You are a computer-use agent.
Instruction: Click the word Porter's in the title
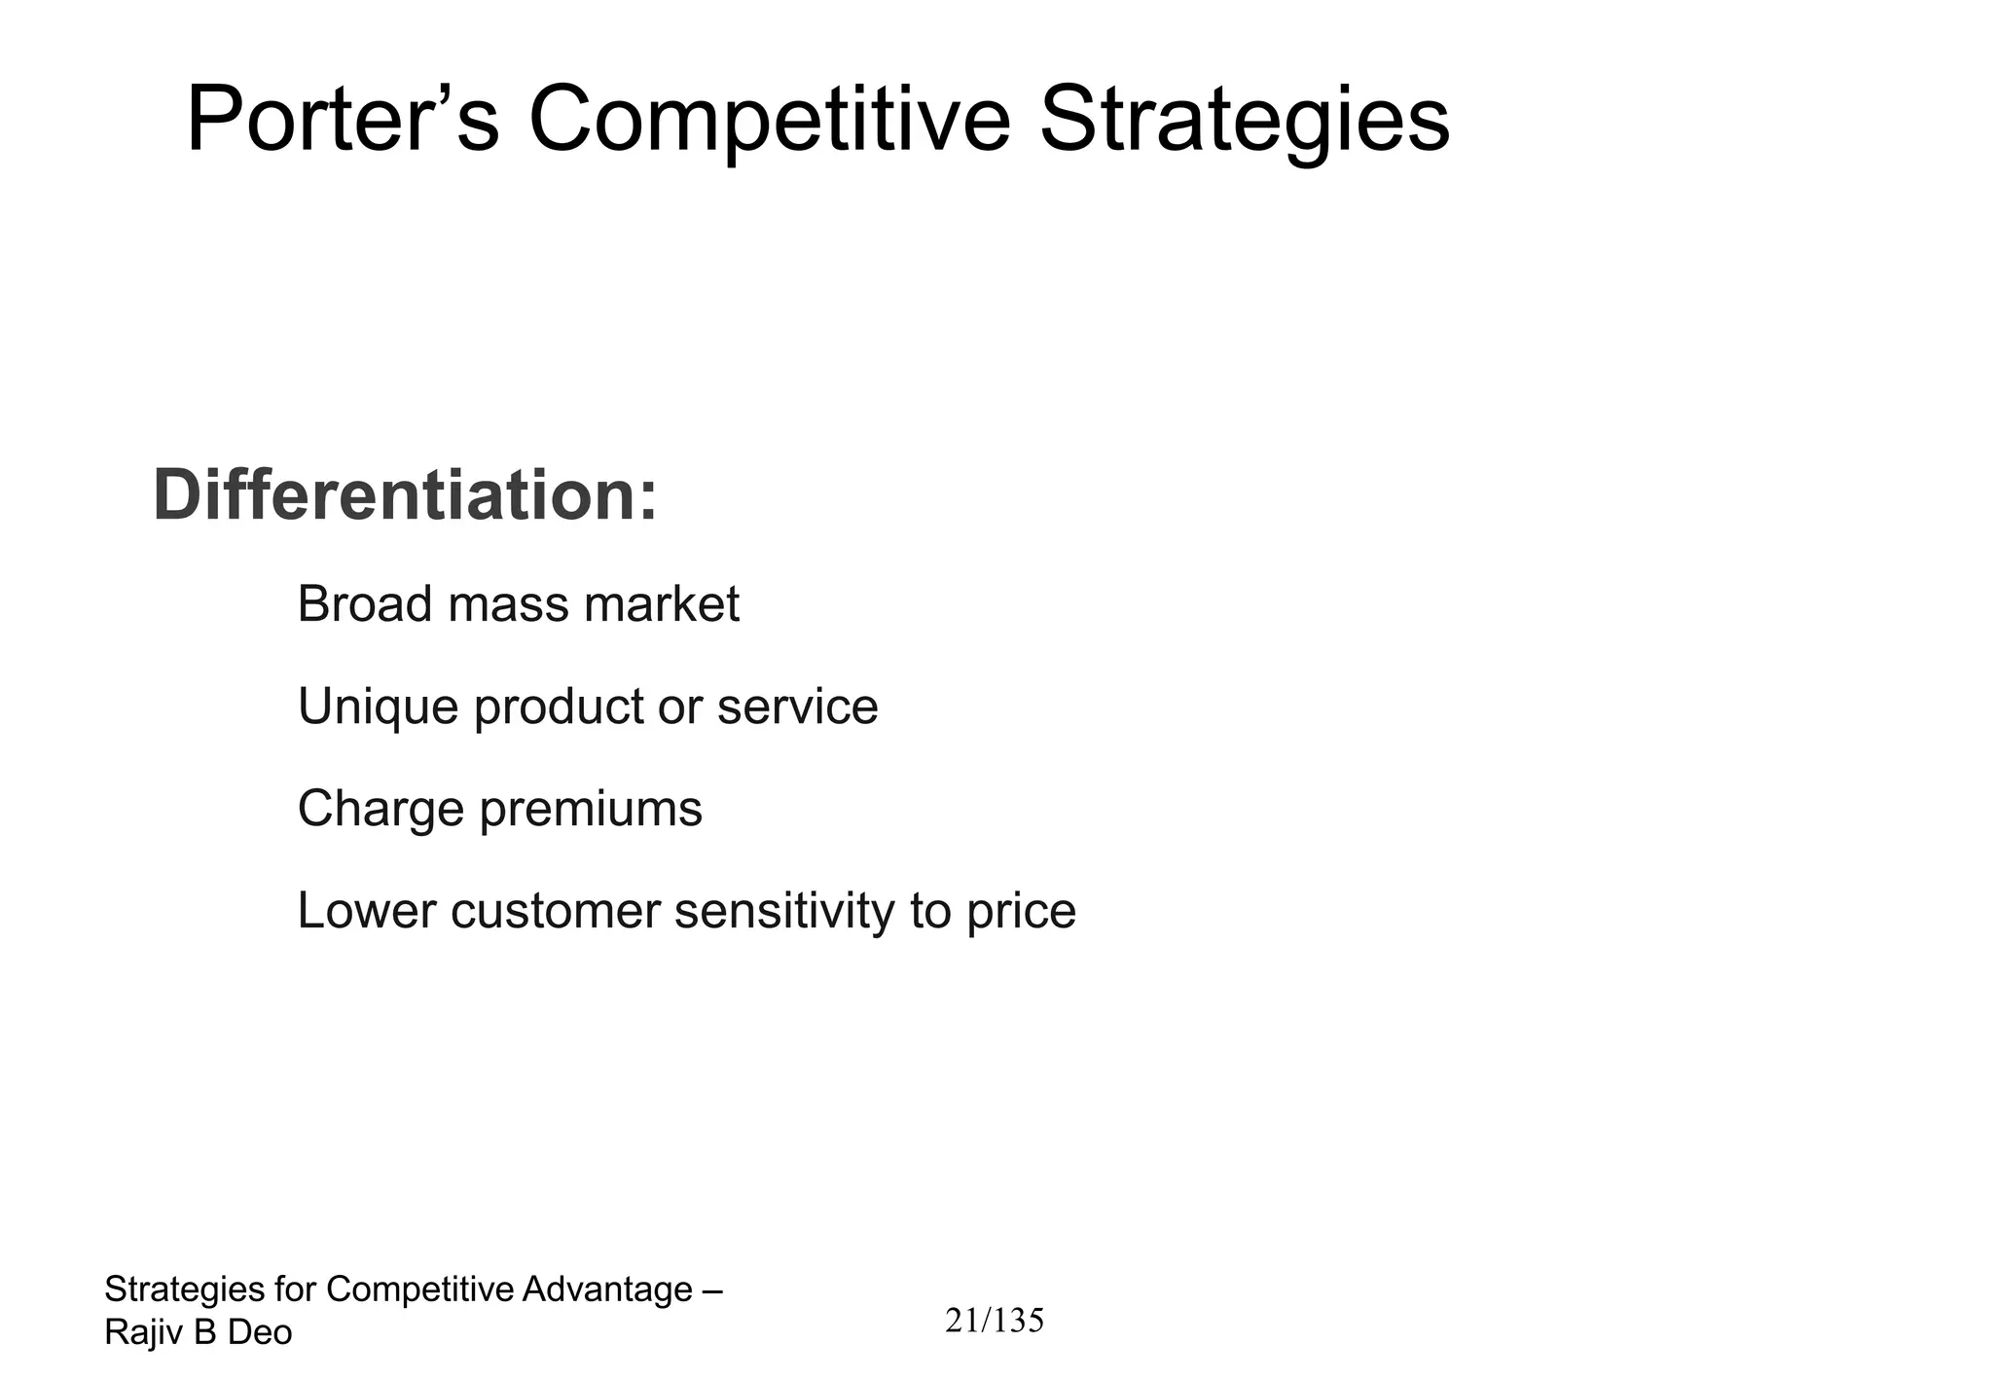pos(343,121)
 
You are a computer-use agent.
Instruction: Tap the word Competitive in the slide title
pos(769,121)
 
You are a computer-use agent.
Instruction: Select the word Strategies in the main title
pos(1244,121)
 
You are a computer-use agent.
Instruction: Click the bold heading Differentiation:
pos(405,496)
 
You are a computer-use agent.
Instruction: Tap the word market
pos(662,604)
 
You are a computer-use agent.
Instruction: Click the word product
pos(558,707)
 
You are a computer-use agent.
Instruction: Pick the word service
pos(797,707)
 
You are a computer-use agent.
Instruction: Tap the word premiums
pos(591,810)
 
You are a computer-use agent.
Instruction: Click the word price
pos(1021,912)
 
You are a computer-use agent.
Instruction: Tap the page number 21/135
pos(995,1321)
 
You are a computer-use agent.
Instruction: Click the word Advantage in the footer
pos(607,1289)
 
